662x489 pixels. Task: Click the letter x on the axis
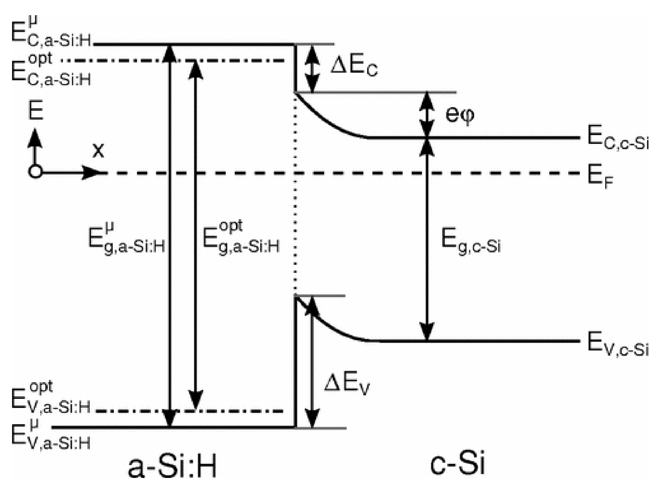point(98,150)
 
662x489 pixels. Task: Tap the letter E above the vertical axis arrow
point(36,110)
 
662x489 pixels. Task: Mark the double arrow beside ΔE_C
point(312,68)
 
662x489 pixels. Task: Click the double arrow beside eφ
point(427,115)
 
